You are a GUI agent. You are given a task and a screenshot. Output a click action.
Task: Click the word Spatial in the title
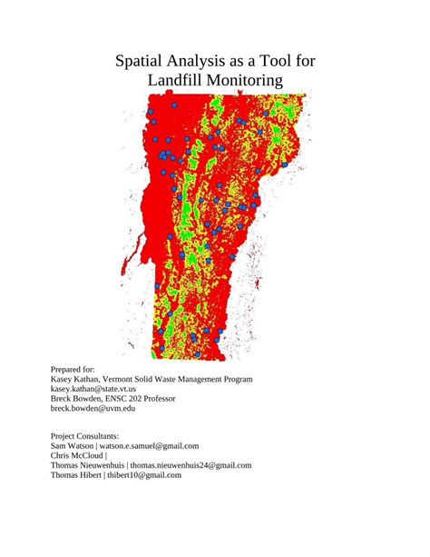pyautogui.click(x=143, y=62)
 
